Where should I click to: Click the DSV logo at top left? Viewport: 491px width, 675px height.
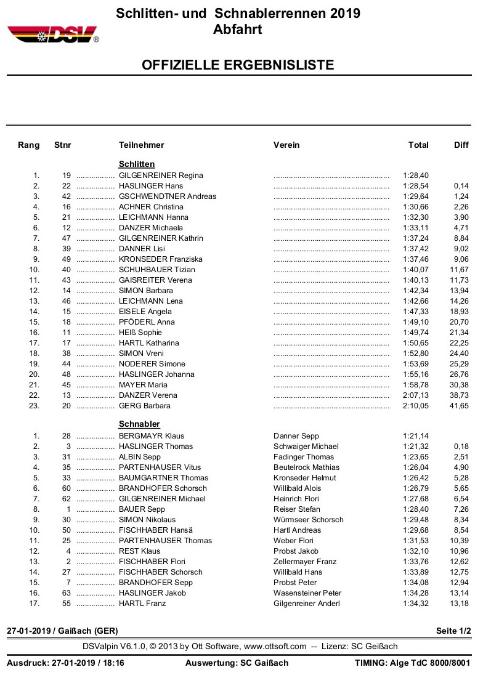point(52,34)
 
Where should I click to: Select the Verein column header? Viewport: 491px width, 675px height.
point(286,145)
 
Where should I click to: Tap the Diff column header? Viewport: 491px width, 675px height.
point(461,145)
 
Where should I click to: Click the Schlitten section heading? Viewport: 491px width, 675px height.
point(136,164)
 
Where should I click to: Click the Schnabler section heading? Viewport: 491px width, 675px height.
point(139,424)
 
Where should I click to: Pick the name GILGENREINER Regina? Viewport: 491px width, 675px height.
point(161,176)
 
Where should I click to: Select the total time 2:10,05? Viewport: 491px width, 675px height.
point(416,406)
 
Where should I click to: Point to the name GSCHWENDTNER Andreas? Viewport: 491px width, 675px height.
point(168,196)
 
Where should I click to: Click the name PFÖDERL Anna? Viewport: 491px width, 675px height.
point(147,322)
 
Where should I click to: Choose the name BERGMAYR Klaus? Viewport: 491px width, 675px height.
point(152,436)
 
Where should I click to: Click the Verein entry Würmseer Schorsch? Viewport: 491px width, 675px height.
point(308,520)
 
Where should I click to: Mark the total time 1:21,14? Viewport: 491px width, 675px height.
point(416,436)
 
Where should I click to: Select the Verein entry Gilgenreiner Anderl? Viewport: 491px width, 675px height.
point(306,604)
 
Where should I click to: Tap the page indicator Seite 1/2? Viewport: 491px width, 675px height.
point(453,631)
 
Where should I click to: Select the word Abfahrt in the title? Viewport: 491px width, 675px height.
point(238,29)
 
